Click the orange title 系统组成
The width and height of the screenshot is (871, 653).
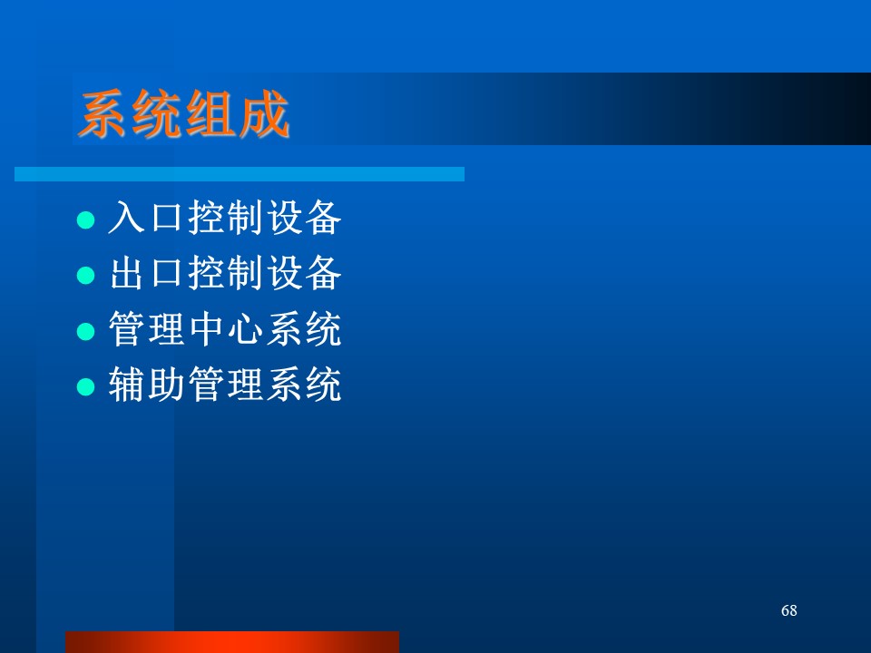pyautogui.click(x=184, y=113)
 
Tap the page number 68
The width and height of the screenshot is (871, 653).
pyautogui.click(x=788, y=610)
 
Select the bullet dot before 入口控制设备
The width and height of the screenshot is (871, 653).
pyautogui.click(x=85, y=219)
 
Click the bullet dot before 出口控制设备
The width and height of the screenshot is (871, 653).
pyautogui.click(x=85, y=276)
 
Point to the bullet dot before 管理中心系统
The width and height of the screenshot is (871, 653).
pyautogui.click(x=85, y=332)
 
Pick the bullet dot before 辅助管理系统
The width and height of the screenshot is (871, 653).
pyautogui.click(x=85, y=386)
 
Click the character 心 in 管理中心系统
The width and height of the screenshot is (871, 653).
pyautogui.click(x=245, y=328)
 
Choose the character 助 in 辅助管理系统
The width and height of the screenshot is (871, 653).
pyautogui.click(x=166, y=384)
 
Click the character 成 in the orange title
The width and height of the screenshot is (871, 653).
pyautogui.click(x=264, y=114)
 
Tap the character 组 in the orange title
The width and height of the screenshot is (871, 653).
pyautogui.click(x=210, y=114)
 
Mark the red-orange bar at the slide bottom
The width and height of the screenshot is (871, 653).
pyautogui.click(x=232, y=642)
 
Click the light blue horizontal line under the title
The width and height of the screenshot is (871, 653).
pyautogui.click(x=240, y=174)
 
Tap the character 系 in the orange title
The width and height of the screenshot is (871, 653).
pyautogui.click(x=103, y=114)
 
